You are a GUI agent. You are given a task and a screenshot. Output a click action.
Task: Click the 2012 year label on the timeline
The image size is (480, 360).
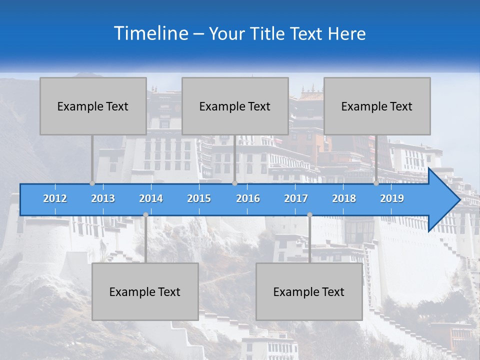click(x=55, y=198)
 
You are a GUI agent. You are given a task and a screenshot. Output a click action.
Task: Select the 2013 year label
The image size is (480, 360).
click(x=103, y=198)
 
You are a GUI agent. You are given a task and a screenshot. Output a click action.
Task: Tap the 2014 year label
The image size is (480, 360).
click(x=151, y=198)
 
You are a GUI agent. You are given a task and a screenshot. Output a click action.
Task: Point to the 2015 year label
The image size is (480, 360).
click(x=199, y=198)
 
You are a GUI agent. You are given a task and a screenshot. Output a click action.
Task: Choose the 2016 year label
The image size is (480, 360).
click(x=248, y=198)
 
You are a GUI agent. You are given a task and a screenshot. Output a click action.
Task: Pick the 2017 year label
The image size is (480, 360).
click(x=296, y=198)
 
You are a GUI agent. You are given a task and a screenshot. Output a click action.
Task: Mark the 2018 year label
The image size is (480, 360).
click(x=344, y=198)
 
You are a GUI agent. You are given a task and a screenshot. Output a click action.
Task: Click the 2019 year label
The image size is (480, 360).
click(x=392, y=198)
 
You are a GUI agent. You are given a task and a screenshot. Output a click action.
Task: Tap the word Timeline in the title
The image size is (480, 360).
click(x=151, y=33)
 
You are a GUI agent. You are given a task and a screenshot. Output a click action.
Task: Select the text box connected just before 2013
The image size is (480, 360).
click(x=93, y=106)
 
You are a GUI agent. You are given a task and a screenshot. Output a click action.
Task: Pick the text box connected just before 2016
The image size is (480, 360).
click(x=235, y=106)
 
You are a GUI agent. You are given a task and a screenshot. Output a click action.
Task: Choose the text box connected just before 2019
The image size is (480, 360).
click(x=377, y=106)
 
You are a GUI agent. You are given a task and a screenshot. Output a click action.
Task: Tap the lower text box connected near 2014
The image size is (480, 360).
click(x=145, y=291)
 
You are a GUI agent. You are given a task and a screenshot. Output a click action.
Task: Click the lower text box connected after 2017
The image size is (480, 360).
click(x=309, y=291)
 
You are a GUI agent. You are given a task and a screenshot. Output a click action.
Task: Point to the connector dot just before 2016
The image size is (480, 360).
click(x=234, y=183)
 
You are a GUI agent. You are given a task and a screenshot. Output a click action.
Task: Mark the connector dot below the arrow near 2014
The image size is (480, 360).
click(x=145, y=215)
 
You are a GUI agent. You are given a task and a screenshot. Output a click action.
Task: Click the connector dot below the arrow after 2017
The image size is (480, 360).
click(x=309, y=215)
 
